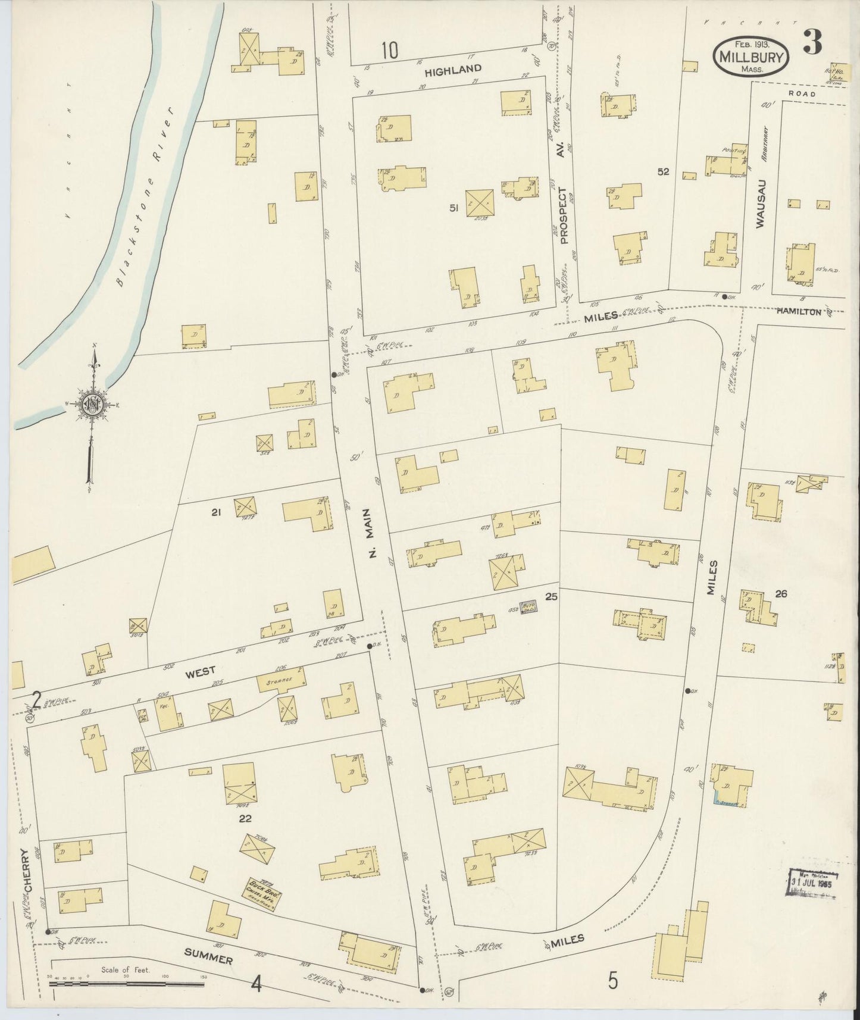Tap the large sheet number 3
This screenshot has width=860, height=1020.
point(812,42)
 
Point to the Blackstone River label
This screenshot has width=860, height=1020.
point(143,196)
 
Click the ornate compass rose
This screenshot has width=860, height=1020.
point(92,405)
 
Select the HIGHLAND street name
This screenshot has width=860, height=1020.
point(453,70)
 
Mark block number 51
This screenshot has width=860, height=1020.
point(454,208)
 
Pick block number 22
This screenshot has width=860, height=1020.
point(244,818)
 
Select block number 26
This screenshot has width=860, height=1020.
point(781,593)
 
